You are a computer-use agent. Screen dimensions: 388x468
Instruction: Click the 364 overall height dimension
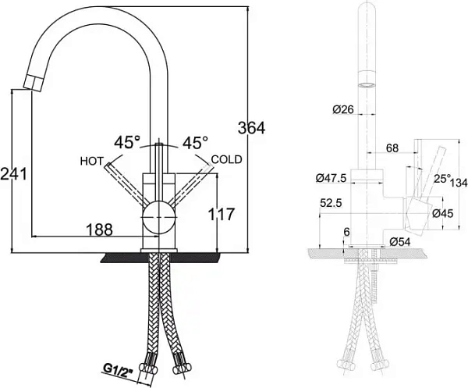tap(250, 128)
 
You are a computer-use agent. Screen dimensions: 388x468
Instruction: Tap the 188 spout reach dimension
tap(99, 229)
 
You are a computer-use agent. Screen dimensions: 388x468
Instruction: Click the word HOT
tap(91, 161)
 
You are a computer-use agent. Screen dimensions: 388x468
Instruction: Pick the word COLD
tap(226, 159)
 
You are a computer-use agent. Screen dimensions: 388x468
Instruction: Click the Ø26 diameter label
tap(343, 110)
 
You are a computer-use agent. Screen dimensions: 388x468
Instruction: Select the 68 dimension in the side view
tap(392, 148)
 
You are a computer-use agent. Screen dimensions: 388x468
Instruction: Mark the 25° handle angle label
tap(442, 179)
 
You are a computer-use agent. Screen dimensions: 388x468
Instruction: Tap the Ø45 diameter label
tap(443, 213)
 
